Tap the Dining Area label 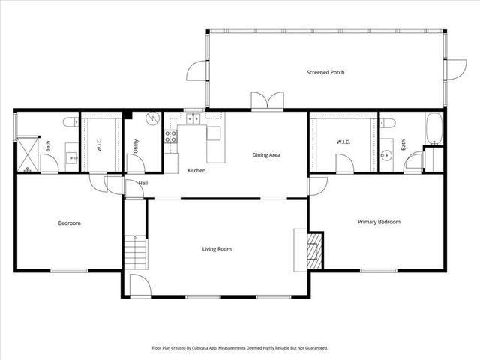click(266, 155)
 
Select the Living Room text click(217, 249)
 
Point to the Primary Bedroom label click(379, 222)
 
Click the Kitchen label click(196, 171)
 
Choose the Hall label click(142, 183)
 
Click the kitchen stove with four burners click(171, 136)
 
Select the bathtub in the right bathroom click(434, 129)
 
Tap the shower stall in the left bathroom click(28, 154)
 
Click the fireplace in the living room click(314, 250)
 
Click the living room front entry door click(139, 285)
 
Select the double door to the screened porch click(267, 101)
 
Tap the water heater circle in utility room click(152, 118)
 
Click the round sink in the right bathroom click(387, 156)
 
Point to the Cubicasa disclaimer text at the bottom click(240, 348)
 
